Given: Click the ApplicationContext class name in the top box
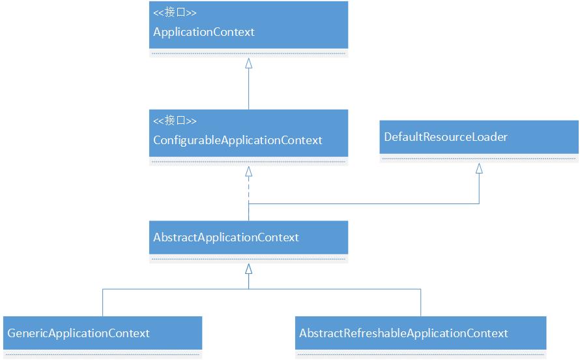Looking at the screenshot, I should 203,32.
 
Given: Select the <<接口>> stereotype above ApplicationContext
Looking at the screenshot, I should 175,12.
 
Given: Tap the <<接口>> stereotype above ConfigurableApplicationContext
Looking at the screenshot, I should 175,121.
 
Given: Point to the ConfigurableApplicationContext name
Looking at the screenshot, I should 237,140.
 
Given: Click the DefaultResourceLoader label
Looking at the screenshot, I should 445,137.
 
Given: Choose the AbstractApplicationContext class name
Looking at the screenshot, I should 225,237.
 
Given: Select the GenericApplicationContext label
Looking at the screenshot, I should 78,333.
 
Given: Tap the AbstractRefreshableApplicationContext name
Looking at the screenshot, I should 403,333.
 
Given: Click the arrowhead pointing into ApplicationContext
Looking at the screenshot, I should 248,63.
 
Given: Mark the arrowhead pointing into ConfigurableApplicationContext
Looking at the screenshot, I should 248,172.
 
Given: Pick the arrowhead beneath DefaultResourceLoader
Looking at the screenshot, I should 479,168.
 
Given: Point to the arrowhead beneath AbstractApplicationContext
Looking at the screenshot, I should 248,269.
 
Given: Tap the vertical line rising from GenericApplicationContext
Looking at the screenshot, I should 102,303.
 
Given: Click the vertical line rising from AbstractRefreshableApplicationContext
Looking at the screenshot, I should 420,303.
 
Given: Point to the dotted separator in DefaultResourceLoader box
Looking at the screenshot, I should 479,158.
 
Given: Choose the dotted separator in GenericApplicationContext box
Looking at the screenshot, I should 102,355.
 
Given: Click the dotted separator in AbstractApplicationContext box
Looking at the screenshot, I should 248,259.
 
